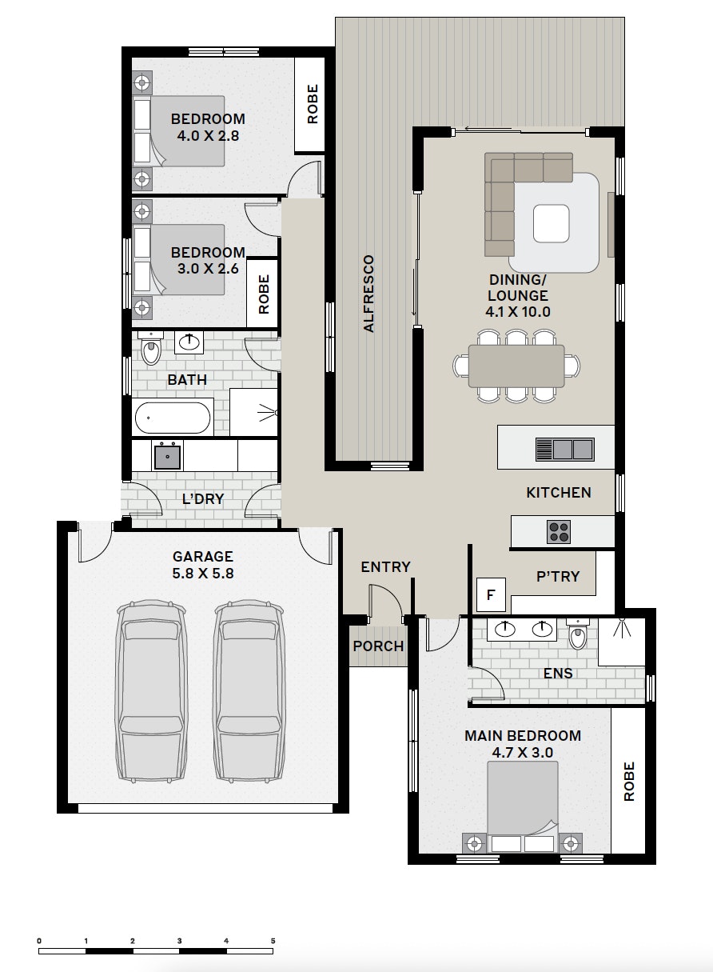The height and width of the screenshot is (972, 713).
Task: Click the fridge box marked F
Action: pos(490,594)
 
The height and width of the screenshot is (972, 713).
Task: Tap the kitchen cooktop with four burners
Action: pos(559,531)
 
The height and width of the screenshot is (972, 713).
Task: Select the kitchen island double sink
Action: pos(564,449)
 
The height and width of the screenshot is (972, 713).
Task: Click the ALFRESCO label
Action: pos(368,294)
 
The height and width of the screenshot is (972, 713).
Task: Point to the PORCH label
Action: pos(378,646)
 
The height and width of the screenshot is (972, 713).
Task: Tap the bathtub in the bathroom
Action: pos(173,418)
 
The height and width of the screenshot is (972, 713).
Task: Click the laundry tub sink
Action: pos(167,456)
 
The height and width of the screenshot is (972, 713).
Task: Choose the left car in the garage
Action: pos(151,693)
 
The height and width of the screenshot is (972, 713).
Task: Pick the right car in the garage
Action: pos(249,693)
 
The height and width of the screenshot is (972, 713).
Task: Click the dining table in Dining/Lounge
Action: pos(516,366)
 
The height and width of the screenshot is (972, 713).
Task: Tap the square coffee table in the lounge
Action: pos(552,223)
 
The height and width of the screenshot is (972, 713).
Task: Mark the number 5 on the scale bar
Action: pos(273,941)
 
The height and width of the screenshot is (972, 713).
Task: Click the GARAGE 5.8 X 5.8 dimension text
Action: pos(203,573)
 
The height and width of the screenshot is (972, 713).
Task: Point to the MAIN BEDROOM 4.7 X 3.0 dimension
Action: pos(523,752)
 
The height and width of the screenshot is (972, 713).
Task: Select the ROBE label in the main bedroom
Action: pos(629,782)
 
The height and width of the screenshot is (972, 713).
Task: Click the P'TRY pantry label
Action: pos(558,576)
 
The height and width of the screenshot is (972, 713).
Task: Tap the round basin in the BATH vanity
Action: pos(189,343)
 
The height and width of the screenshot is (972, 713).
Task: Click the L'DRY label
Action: pos(203,499)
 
